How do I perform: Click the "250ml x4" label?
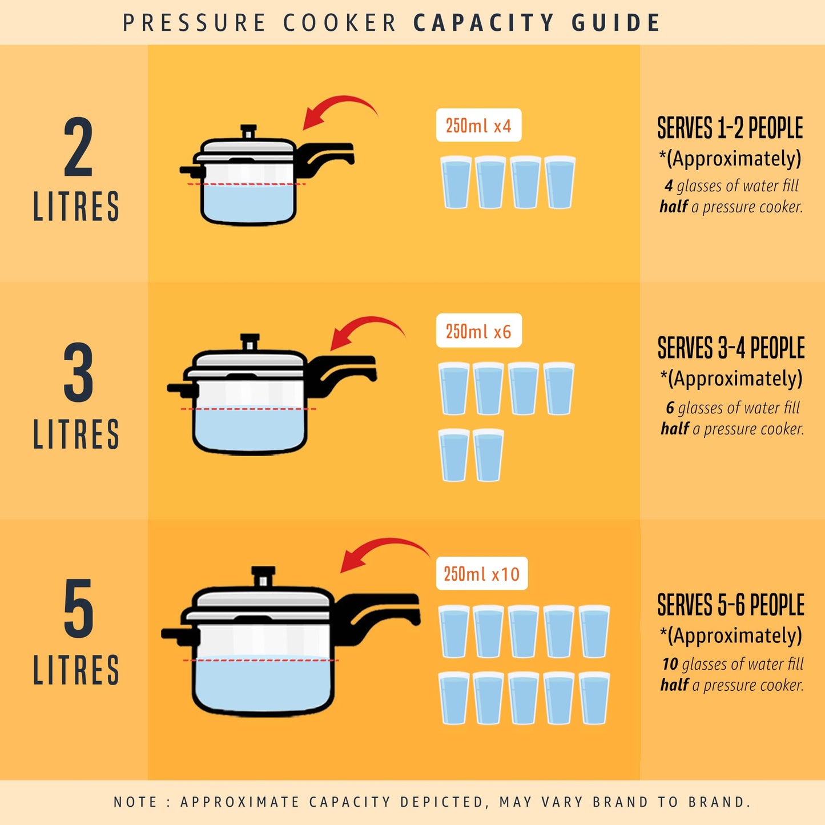pos(478,125)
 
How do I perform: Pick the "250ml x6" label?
pos(478,331)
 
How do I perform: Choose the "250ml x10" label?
pos(481,573)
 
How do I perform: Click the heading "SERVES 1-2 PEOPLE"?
pos(730,128)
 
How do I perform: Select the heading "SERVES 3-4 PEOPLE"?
pos(731,348)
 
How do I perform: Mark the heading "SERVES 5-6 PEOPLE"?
pos(731,605)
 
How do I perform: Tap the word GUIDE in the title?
pos(616,23)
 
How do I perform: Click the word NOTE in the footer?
pos(135,802)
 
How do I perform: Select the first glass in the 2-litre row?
pos(456,182)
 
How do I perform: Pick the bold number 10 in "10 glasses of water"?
pos(670,664)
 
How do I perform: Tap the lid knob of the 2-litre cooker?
pos(248,132)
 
